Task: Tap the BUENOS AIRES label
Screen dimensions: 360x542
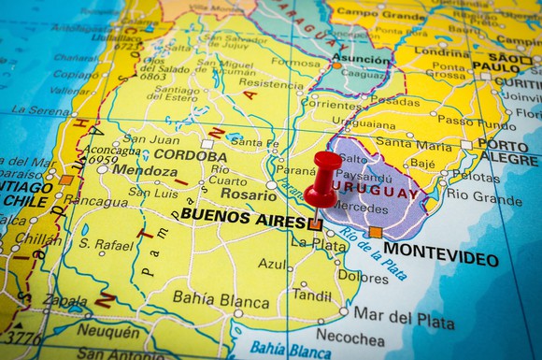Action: [242, 214]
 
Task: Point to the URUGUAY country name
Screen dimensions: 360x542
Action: [382, 194]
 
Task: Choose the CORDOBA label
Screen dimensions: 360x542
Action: [191, 155]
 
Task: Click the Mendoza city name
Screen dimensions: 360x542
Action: [145, 171]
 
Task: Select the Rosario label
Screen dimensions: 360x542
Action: [249, 194]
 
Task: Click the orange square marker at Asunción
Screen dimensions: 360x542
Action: [336, 65]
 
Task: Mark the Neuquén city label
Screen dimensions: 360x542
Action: [107, 330]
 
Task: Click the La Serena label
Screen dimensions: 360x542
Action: [40, 110]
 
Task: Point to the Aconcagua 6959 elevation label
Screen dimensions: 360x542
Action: [112, 154]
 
